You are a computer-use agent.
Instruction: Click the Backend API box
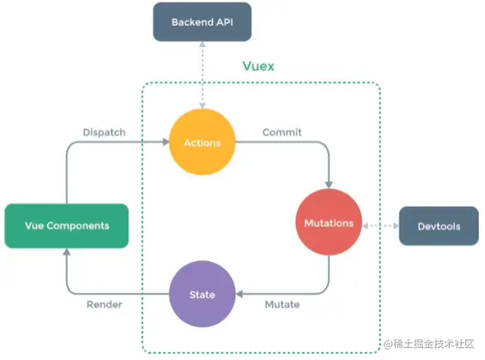coord(203,21)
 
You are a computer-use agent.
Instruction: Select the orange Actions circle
coord(203,143)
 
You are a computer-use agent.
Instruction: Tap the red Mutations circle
coord(329,223)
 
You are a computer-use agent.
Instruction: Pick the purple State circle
coord(203,295)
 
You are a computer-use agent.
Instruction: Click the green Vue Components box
coord(66,225)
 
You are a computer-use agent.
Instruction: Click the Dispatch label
coord(105,132)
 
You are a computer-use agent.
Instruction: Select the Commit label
coord(281,132)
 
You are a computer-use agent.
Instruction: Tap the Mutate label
coord(281,304)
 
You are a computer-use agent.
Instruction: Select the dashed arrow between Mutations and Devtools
coord(381,224)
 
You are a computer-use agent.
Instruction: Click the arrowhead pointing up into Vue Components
coord(66,252)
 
